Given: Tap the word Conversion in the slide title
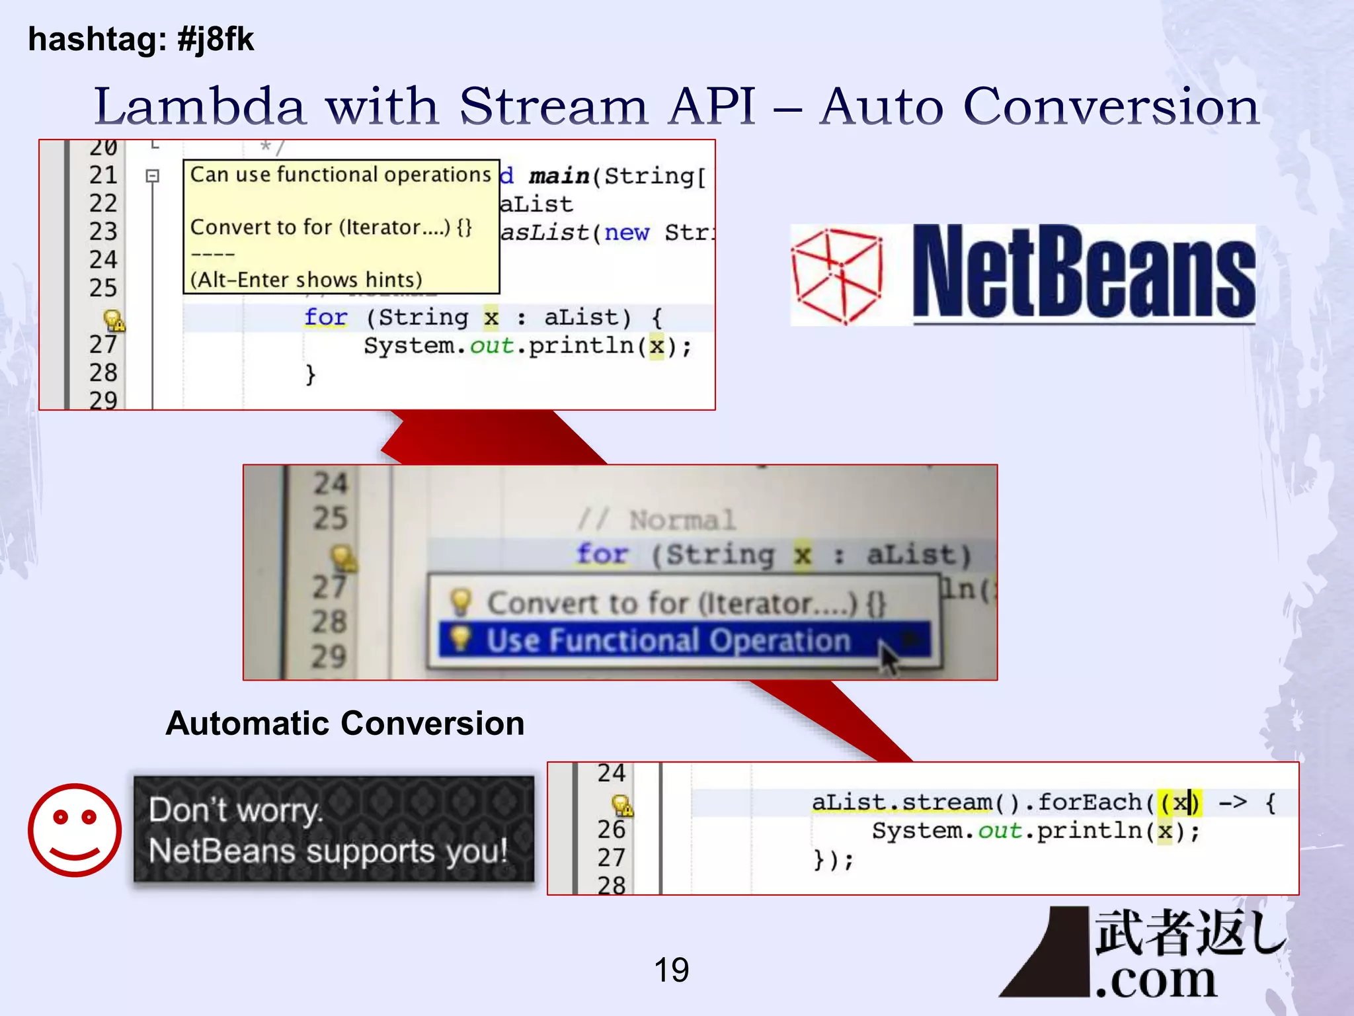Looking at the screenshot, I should pyautogui.click(x=1111, y=106).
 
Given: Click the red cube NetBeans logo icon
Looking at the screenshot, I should pyautogui.click(x=838, y=275).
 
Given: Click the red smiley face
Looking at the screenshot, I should pyautogui.click(x=75, y=830).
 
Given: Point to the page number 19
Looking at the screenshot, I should pyautogui.click(x=671, y=970).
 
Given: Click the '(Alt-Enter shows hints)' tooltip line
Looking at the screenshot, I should pyautogui.click(x=306, y=280).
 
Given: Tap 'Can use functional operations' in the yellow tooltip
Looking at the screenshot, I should pyautogui.click(x=340, y=175).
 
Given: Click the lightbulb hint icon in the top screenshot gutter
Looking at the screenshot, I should pyautogui.click(x=113, y=321).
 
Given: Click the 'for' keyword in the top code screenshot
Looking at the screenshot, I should pyautogui.click(x=325, y=317).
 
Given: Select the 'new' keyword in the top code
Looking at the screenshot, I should pyautogui.click(x=627, y=233).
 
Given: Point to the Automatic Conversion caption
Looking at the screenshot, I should pyautogui.click(x=344, y=723).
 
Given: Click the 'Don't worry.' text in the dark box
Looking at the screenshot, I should pyautogui.click(x=236, y=810).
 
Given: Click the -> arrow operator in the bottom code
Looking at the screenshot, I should pyautogui.click(x=1232, y=802).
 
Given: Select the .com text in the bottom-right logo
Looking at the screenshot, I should pyautogui.click(x=1156, y=980).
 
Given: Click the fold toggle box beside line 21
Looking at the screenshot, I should pyautogui.click(x=153, y=176).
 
